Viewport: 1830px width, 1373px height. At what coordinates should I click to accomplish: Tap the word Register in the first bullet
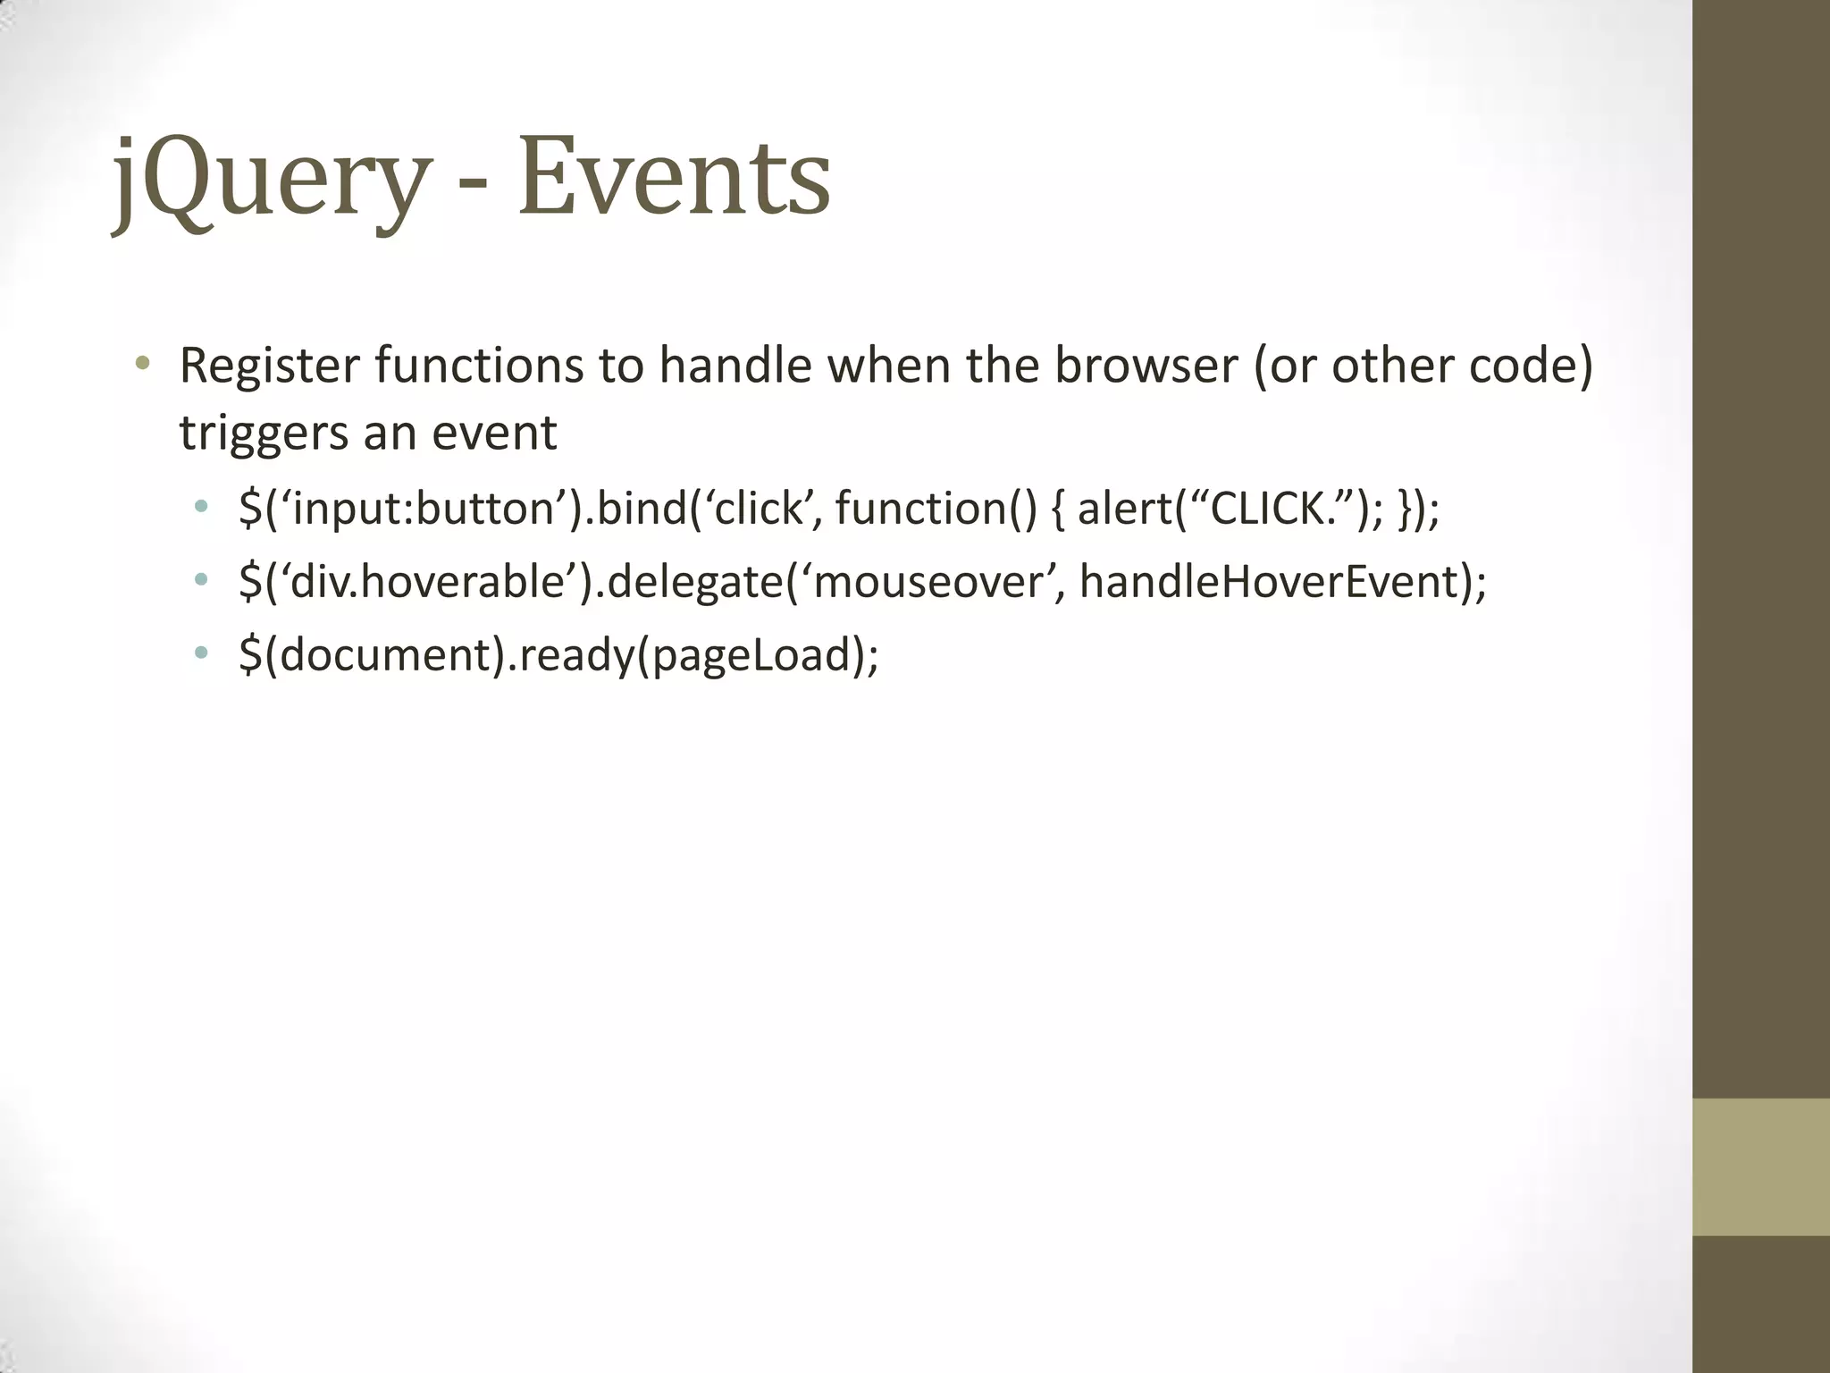click(x=269, y=366)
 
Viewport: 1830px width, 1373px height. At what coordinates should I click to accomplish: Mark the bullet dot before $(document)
click(x=201, y=653)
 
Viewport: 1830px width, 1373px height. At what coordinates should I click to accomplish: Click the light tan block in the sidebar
click(x=1760, y=1167)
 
